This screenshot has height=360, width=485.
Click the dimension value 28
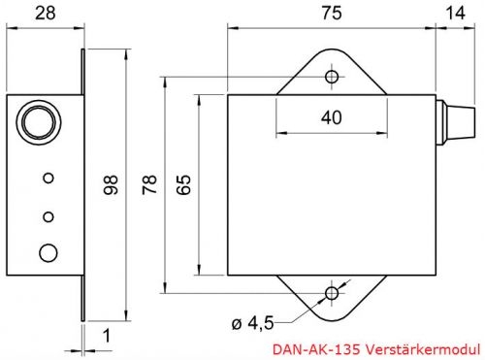pos(43,13)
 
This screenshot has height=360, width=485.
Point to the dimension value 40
pos(332,118)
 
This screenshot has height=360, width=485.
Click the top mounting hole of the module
pos(332,76)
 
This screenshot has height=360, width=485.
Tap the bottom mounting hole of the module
pos(332,292)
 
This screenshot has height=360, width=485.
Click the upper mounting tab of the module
pos(332,70)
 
